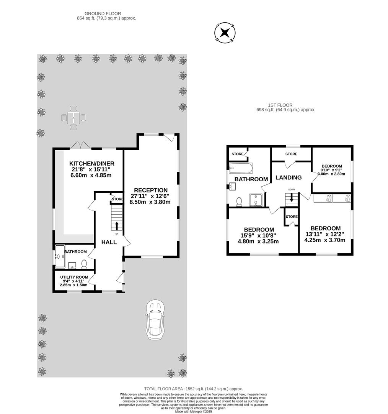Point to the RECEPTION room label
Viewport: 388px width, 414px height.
pyautogui.click(x=150, y=190)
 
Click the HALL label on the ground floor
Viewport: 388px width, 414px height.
pyautogui.click(x=109, y=242)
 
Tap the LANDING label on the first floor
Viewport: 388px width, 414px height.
pyautogui.click(x=289, y=177)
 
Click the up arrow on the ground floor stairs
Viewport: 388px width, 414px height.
pyautogui.click(x=117, y=225)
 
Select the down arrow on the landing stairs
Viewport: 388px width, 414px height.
pyautogui.click(x=292, y=198)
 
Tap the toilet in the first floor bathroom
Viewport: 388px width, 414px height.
pyautogui.click(x=240, y=201)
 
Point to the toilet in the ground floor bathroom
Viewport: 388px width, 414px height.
pyautogui.click(x=85, y=264)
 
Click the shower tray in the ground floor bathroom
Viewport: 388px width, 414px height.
pyautogui.click(x=60, y=256)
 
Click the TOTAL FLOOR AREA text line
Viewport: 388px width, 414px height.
pyautogui.click(x=193, y=389)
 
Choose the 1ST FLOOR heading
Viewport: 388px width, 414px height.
pyautogui.click(x=280, y=105)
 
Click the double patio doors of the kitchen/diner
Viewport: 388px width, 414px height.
pyautogui.click(x=81, y=146)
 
